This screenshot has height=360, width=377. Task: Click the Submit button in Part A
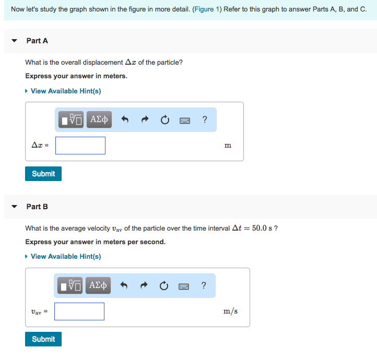[43, 174]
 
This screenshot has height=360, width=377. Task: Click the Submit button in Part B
[43, 339]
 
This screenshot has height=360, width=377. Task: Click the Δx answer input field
[80, 146]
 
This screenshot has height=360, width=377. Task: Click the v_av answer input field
[79, 311]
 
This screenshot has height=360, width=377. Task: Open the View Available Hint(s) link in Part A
[65, 91]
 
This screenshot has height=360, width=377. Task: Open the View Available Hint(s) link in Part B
[65, 257]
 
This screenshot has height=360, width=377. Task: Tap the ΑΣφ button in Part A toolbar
[99, 119]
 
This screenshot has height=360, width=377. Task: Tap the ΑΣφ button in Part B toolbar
[98, 285]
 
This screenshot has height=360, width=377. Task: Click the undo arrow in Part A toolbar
[125, 120]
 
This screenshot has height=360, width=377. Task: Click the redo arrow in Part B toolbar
[144, 285]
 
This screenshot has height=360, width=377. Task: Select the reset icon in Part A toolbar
[165, 120]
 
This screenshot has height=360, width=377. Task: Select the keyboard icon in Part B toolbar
[184, 285]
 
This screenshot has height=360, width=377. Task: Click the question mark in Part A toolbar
[205, 119]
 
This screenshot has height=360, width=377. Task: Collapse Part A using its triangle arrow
[15, 41]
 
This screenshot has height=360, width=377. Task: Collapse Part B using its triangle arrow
[15, 207]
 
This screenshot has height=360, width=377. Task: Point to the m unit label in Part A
[228, 146]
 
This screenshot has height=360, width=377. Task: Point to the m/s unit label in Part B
[230, 311]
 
